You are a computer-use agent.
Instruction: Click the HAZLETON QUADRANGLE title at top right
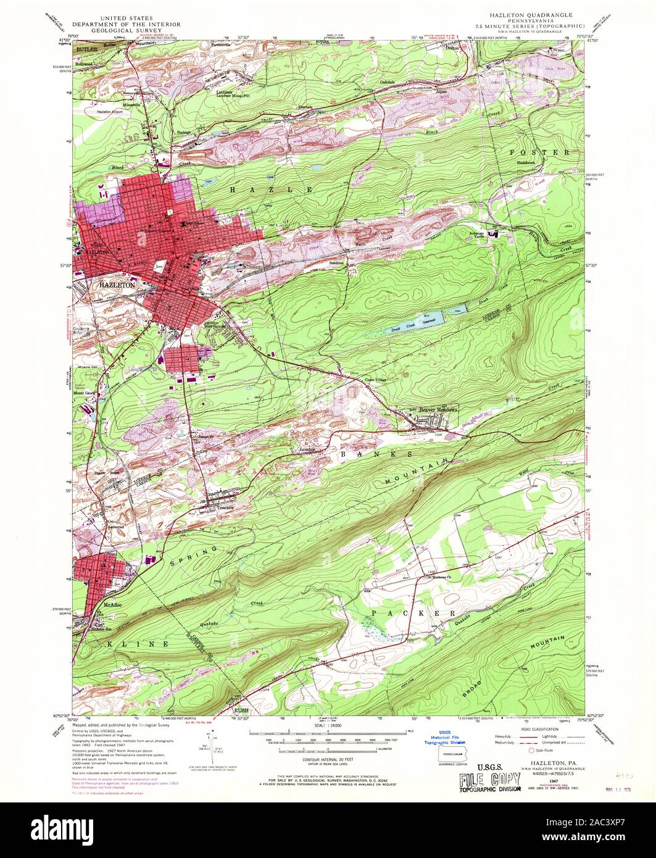(531, 14)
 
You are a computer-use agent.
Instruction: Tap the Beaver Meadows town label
(432, 410)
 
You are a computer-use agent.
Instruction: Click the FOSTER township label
(541, 151)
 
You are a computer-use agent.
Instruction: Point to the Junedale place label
(312, 449)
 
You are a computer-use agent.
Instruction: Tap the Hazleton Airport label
(110, 112)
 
